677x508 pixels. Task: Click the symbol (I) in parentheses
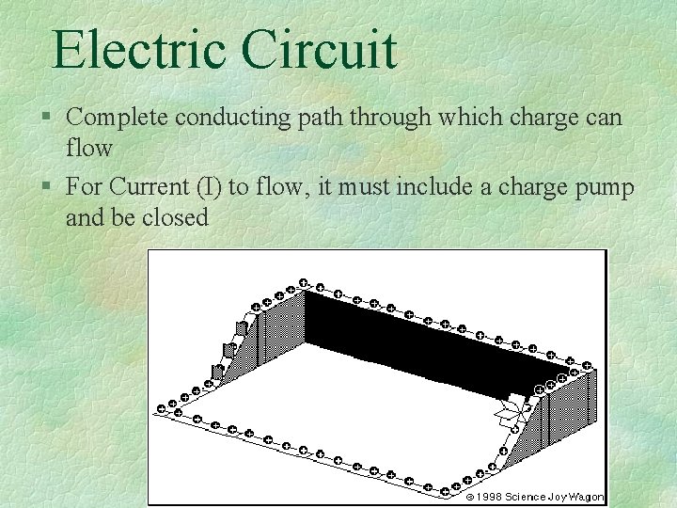click(210, 187)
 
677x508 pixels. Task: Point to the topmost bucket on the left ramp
click(242, 327)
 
